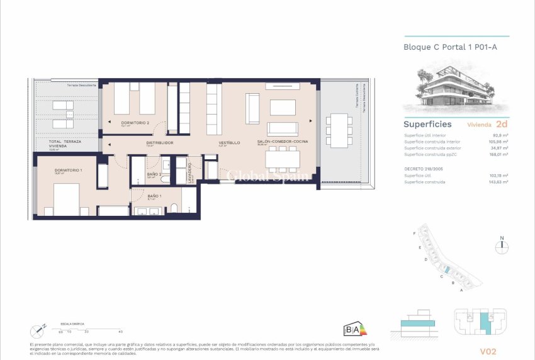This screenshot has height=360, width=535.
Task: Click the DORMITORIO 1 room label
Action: click(x=68, y=171)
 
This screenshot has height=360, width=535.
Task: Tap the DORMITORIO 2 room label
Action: click(x=135, y=122)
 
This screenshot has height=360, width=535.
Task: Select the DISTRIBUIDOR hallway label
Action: click(x=159, y=143)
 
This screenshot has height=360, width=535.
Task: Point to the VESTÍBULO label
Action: click(x=230, y=143)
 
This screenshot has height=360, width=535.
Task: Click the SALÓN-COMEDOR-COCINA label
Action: click(x=283, y=142)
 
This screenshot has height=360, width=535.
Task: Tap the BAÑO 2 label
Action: click(x=155, y=174)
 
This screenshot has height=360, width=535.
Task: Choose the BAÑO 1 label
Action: click(x=155, y=196)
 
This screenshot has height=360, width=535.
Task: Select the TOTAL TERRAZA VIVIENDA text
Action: click(x=62, y=144)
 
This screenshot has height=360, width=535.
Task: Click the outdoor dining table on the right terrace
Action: click(x=339, y=131)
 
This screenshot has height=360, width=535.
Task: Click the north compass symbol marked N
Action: click(x=502, y=247)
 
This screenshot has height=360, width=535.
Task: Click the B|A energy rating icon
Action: click(x=354, y=329)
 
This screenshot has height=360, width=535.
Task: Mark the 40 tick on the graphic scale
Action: click(x=120, y=331)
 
